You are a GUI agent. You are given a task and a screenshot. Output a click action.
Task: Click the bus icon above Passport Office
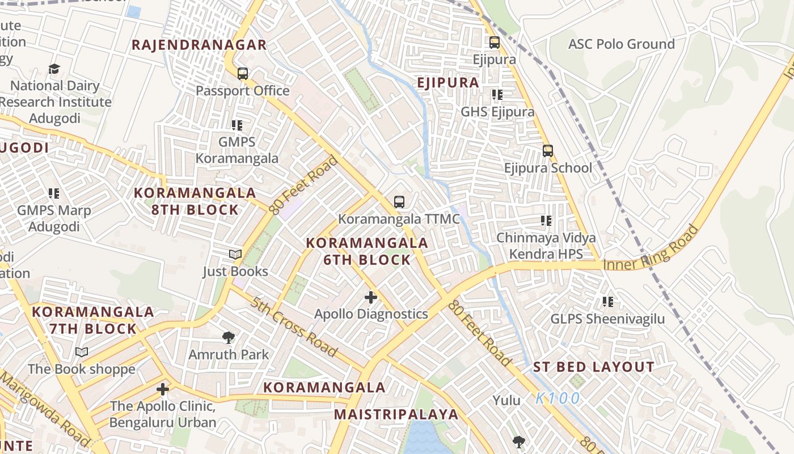click(243, 74)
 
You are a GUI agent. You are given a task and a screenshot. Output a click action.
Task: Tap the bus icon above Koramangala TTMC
click(399, 202)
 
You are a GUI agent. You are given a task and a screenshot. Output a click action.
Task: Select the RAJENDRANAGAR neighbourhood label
click(199, 45)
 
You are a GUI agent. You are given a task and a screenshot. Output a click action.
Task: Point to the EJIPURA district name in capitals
click(448, 83)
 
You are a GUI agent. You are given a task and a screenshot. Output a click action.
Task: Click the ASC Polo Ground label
click(621, 44)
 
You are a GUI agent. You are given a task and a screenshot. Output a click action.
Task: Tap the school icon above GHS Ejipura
click(497, 95)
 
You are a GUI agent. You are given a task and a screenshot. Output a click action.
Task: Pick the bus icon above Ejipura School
click(547, 151)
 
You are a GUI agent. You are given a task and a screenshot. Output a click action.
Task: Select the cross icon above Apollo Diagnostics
click(371, 297)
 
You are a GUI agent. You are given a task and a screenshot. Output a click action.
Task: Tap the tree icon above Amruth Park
click(229, 338)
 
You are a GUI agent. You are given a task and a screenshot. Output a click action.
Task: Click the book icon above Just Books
click(235, 255)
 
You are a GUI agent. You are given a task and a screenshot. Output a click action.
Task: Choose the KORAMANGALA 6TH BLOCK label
click(367, 251)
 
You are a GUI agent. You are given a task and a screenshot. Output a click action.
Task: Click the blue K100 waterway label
click(558, 398)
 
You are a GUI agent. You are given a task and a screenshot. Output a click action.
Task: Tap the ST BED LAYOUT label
click(594, 367)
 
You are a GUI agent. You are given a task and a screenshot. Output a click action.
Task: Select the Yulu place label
click(506, 401)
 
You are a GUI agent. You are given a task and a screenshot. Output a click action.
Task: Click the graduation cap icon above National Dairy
click(54, 69)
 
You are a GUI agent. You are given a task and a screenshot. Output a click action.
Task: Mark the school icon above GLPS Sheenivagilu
click(608, 302)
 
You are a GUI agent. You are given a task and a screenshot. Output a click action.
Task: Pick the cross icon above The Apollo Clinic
click(163, 389)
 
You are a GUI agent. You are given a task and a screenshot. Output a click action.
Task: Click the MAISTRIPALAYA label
click(396, 414)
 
